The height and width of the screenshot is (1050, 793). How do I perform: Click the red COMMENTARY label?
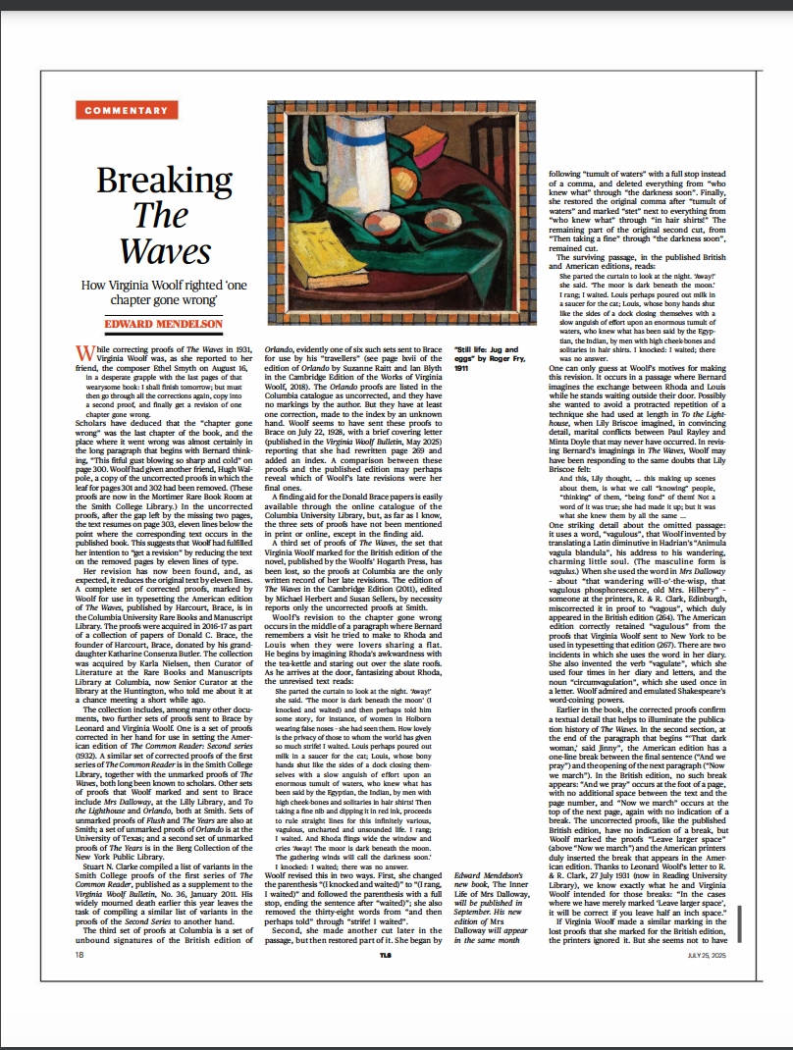click(x=127, y=110)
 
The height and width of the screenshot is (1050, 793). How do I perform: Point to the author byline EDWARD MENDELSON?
click(x=164, y=324)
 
